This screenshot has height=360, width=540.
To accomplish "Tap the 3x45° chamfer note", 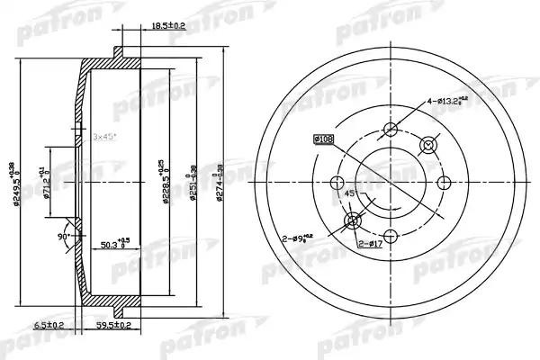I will tap(108, 137).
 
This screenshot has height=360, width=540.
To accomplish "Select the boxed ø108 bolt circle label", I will tap(323, 139).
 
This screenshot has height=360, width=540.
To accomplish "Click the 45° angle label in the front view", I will tap(349, 192).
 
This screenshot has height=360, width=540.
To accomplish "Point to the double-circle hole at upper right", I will tap(429, 144).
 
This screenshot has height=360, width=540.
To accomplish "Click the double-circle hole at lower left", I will tap(352, 220).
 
